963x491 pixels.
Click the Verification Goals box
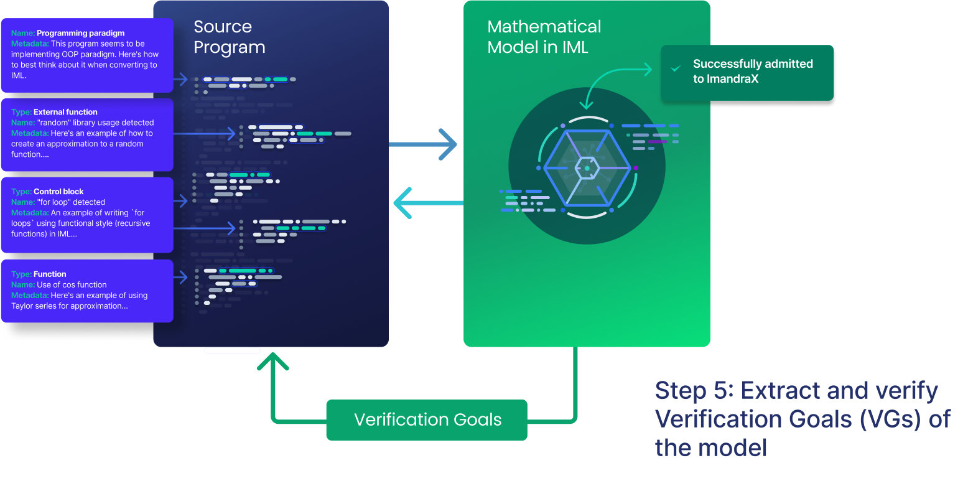[x=427, y=420]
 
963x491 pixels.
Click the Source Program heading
[x=229, y=37]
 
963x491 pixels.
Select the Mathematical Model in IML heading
[x=544, y=37]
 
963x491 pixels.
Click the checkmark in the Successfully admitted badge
[x=676, y=68]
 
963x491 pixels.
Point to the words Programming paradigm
[x=80, y=33]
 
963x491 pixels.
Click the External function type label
[x=65, y=112]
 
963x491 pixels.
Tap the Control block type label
[x=58, y=192]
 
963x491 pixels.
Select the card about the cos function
[x=87, y=291]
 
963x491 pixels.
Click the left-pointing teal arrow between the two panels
[x=427, y=203]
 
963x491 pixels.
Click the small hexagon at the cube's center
[x=587, y=167]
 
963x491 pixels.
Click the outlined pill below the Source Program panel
[x=232, y=351]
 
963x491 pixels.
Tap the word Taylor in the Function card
[x=23, y=306]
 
